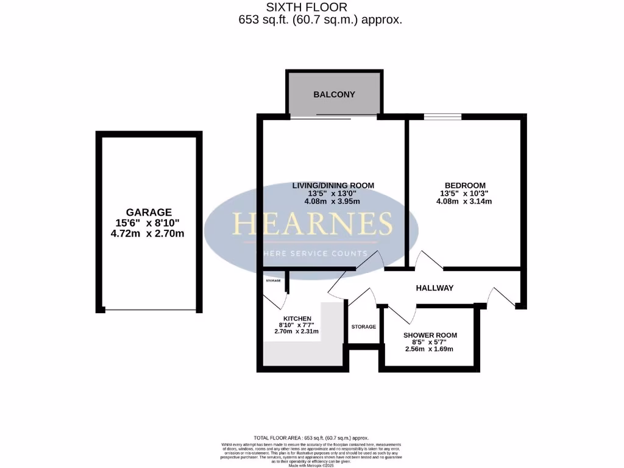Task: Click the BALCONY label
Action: (x=334, y=94)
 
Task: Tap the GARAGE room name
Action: (x=149, y=213)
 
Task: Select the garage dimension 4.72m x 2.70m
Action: (x=149, y=233)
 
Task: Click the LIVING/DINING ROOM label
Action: (x=333, y=185)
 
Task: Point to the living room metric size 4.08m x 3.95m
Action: (x=333, y=202)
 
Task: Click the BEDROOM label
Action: (x=465, y=185)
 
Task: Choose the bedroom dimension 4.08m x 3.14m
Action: (x=465, y=202)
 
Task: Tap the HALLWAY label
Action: (x=434, y=288)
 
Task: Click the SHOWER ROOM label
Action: (x=430, y=335)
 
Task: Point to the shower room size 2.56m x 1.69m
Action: (x=430, y=349)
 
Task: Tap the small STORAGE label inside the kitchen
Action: (x=273, y=281)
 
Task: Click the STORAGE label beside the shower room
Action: (x=363, y=327)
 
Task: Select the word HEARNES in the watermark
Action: (x=311, y=224)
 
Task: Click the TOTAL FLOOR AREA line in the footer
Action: (x=311, y=438)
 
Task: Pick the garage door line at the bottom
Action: (x=150, y=311)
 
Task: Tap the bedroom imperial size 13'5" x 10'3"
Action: (x=465, y=194)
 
